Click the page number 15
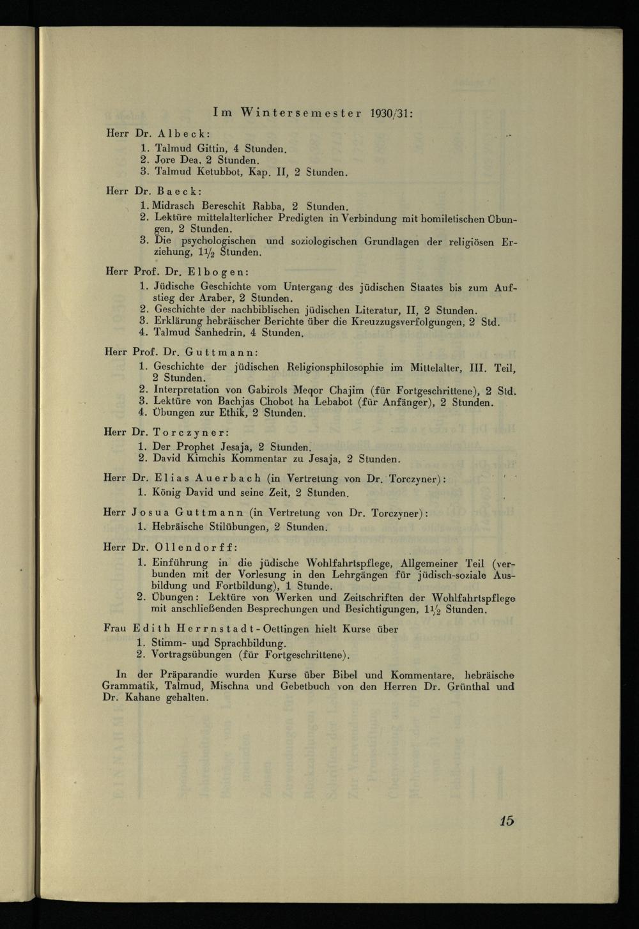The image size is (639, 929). [507, 821]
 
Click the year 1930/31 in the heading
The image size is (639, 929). [391, 113]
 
